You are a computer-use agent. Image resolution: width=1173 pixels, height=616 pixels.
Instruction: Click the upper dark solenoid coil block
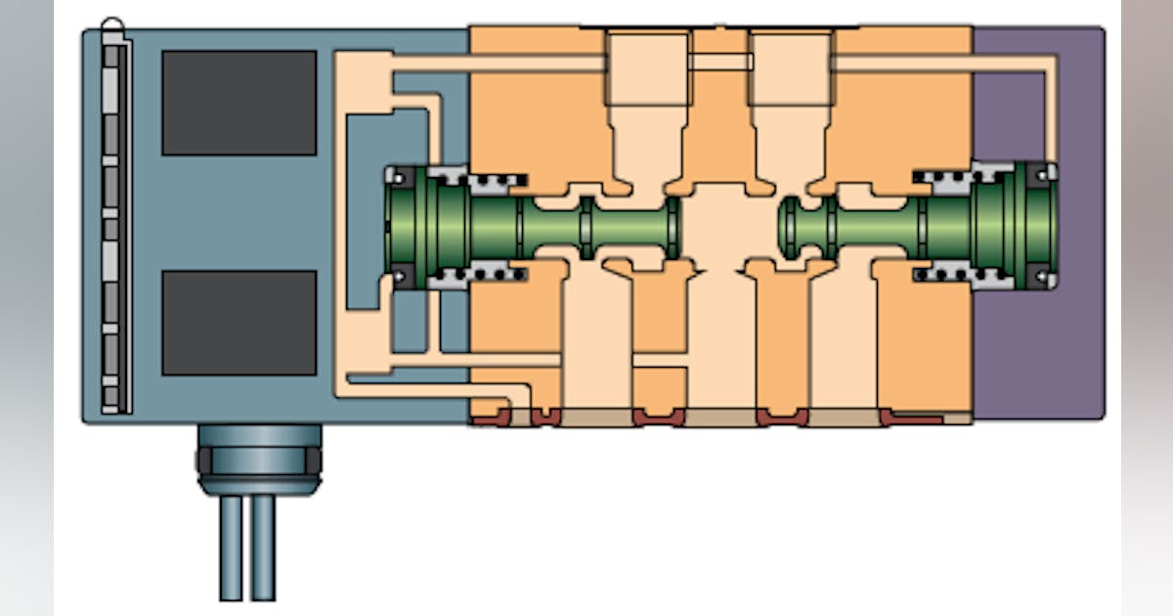pyautogui.click(x=239, y=103)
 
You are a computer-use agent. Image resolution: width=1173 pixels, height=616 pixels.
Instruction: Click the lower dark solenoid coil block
pyautogui.click(x=239, y=323)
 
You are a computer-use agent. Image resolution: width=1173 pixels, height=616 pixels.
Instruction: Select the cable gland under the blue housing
pyautogui.click(x=258, y=458)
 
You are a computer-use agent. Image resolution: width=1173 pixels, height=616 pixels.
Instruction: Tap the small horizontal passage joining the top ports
pyautogui.click(x=719, y=62)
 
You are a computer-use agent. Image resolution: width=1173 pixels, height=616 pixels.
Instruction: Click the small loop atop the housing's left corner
pyautogui.click(x=112, y=23)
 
